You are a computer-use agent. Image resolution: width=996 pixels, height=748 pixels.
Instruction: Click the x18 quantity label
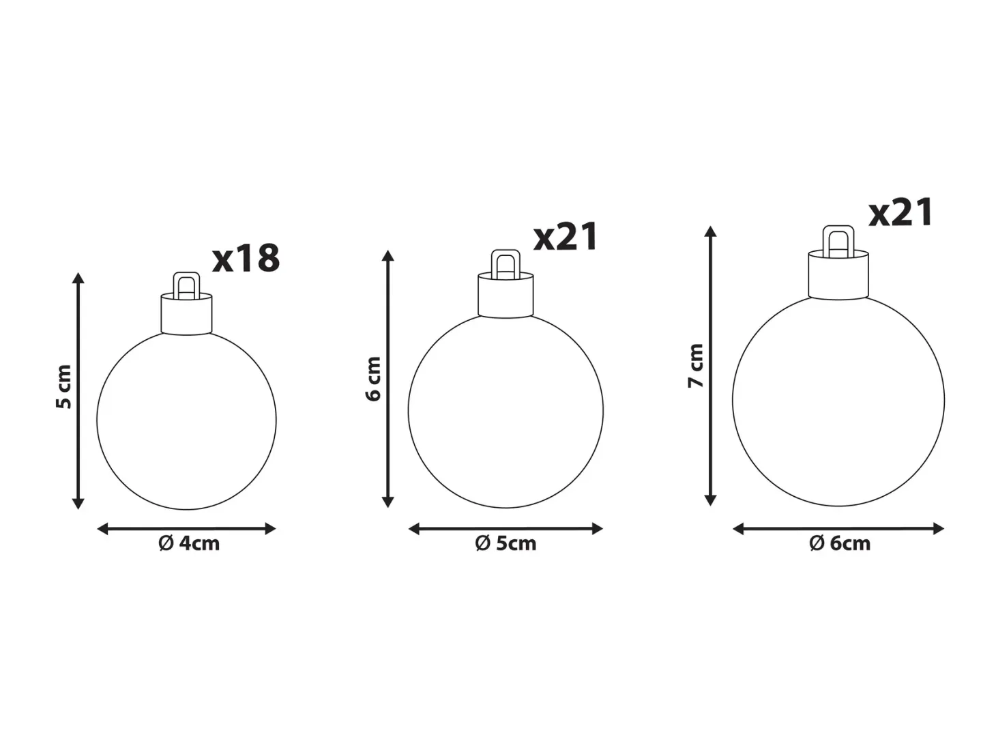[246, 259]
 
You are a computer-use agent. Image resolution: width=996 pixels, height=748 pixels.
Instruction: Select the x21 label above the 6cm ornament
[900, 212]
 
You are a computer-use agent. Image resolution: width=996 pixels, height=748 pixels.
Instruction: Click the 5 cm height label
[64, 387]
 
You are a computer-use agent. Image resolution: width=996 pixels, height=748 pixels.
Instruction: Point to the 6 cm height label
[373, 379]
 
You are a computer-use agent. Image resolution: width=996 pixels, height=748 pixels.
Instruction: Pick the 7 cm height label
[695, 366]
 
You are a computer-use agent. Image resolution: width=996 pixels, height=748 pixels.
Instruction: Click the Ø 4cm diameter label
[189, 543]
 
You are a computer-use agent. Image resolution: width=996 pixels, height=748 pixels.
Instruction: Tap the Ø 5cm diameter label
[506, 543]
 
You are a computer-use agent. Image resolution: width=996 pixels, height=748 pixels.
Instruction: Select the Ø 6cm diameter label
[840, 543]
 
